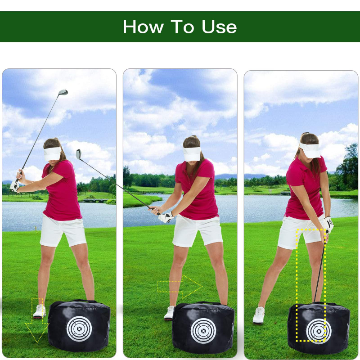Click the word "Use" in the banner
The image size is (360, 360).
[x=219, y=27]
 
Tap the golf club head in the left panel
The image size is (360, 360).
[x=63, y=93]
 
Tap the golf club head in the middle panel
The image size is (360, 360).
[x=79, y=154]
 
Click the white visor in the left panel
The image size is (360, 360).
[x=52, y=153]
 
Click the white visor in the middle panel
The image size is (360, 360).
[x=192, y=153]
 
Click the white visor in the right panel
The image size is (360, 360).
[x=310, y=150]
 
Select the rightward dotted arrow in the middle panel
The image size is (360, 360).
[x=179, y=287]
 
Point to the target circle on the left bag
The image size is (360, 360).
[x=79, y=329]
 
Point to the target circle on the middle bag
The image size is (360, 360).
[x=203, y=331]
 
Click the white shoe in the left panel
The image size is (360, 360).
[x=40, y=311]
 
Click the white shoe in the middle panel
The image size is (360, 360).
[x=169, y=313]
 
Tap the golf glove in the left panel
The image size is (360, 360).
[x=15, y=186]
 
